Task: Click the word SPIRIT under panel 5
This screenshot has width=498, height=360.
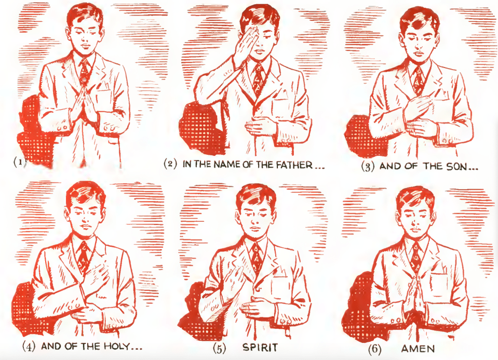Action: [x=260, y=348]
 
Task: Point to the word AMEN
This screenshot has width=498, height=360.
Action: [x=418, y=349]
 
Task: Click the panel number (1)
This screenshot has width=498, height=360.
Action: [x=20, y=162]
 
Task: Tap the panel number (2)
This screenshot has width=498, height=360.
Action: [x=170, y=164]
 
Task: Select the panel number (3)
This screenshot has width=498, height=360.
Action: [x=368, y=167]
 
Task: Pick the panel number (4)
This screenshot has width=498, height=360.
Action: [x=29, y=346]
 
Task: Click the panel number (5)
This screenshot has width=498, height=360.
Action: [x=220, y=348]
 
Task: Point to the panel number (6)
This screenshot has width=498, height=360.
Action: [x=375, y=349]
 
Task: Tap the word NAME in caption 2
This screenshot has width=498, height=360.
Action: [x=227, y=165]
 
